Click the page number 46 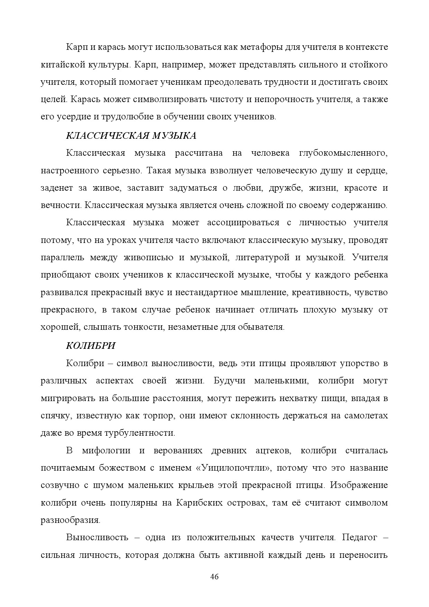pyautogui.click(x=214, y=577)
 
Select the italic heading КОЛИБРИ pyautogui.click(x=91, y=346)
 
